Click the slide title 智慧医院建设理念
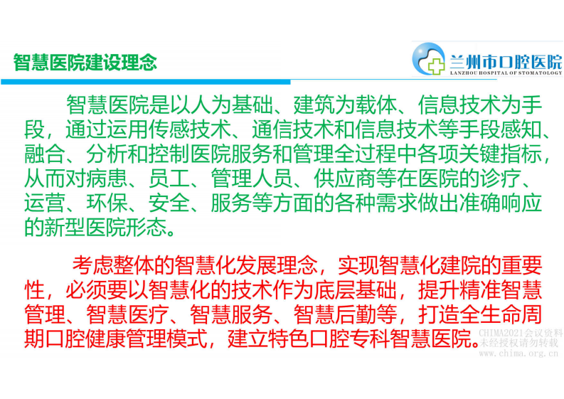point(85,62)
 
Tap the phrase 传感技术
point(206,131)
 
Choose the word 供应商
point(321,180)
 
